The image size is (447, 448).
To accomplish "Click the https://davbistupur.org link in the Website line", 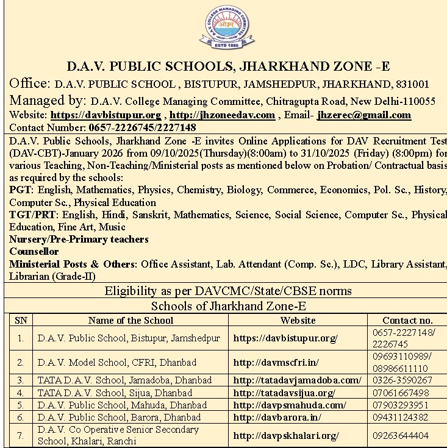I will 105,115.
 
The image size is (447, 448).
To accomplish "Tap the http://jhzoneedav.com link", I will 222,115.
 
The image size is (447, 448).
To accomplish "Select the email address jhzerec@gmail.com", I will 364,115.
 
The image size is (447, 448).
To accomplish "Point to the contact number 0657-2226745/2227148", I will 142,127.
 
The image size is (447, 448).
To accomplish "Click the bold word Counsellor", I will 34,251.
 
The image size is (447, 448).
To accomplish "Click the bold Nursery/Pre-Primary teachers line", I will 79,239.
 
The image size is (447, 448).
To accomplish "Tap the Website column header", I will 298,320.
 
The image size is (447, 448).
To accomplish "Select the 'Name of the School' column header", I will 131,320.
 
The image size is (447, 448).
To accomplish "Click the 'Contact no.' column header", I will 407,320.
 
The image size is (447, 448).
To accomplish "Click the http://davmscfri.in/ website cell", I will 276,362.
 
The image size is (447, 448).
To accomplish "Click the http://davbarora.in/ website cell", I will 277,418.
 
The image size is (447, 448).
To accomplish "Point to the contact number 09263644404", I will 402,435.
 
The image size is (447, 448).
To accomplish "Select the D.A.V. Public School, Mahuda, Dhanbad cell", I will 122,405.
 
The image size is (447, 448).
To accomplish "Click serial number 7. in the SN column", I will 21,435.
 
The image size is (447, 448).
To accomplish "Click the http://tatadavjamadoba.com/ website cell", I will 297,380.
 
